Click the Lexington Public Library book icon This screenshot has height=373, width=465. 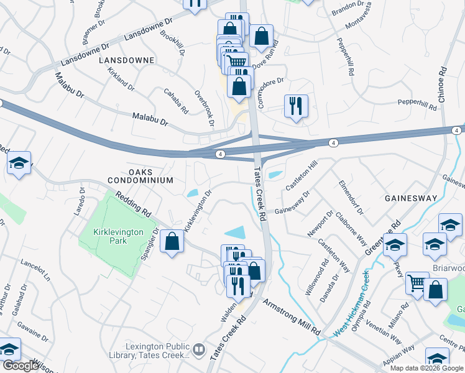(x=198, y=351)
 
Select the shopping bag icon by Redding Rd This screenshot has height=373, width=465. (x=172, y=241)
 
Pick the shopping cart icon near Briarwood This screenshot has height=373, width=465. (x=417, y=283)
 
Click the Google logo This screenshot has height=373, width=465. (x=21, y=366)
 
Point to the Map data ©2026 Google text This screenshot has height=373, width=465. (x=427, y=368)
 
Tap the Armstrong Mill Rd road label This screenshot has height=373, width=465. (x=291, y=317)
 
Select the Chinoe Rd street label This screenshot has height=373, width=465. (x=443, y=88)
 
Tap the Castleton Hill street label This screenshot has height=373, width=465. (x=302, y=175)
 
